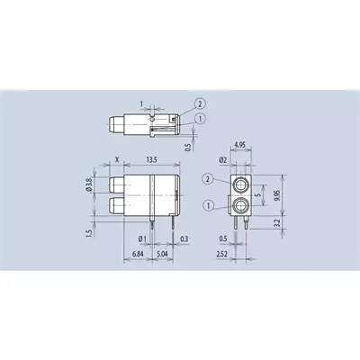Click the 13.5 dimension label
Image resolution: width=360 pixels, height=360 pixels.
tap(152, 159)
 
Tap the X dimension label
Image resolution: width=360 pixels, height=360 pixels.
tap(117, 159)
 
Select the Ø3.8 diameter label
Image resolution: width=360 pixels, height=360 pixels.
tap(88, 184)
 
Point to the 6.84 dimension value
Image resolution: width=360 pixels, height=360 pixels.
tap(138, 254)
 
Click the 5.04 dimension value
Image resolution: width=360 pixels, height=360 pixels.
tap(163, 254)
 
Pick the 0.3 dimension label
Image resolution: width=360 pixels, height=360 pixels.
tap(184, 238)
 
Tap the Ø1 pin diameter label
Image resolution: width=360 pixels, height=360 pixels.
tap(142, 238)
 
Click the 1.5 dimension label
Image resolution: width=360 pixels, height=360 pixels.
tap(88, 234)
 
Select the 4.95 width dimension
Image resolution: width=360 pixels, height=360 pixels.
tap(240, 145)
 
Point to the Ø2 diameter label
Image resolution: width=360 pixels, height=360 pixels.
tap(223, 160)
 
